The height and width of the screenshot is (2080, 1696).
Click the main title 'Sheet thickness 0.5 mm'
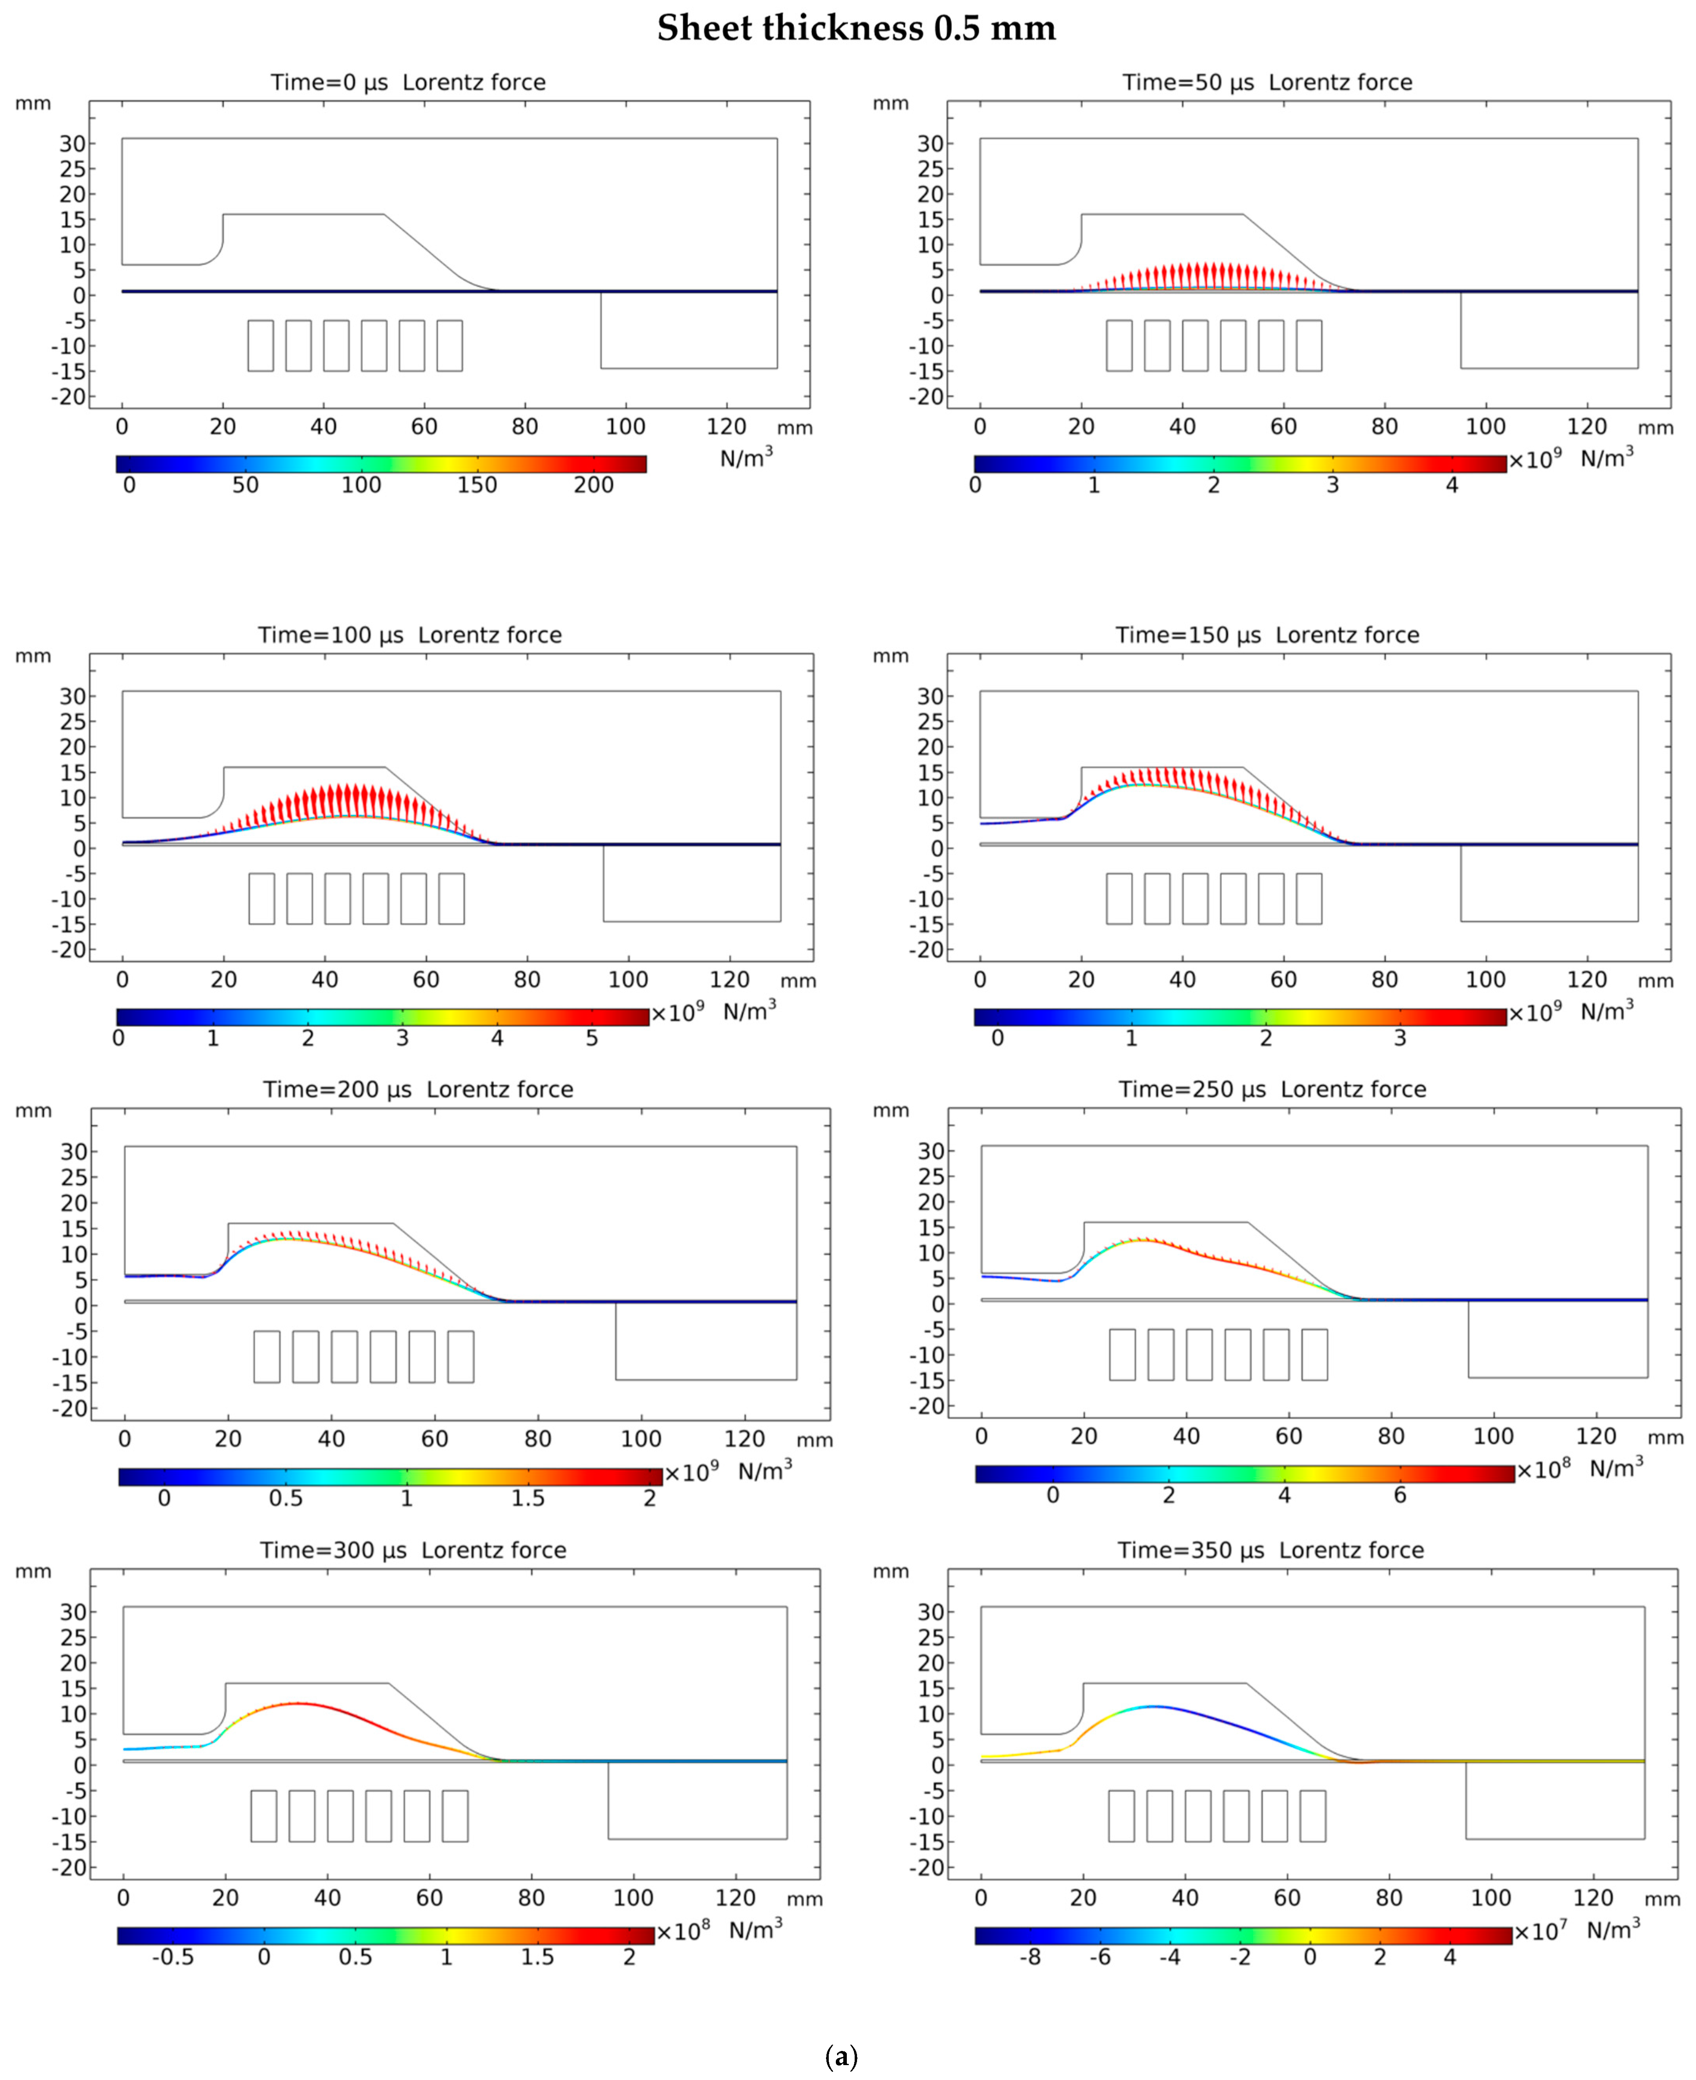point(856,28)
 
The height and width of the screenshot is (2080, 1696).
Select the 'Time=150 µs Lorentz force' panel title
point(1267,635)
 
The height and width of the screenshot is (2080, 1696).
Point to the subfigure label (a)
point(841,2056)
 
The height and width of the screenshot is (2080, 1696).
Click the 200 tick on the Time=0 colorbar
point(593,486)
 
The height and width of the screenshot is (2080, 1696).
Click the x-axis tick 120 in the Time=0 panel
point(726,427)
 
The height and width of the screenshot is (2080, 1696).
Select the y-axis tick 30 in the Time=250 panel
point(931,1151)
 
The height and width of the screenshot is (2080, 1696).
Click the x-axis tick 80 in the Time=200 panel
point(537,1439)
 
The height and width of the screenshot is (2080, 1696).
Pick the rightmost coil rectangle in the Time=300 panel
point(455,1816)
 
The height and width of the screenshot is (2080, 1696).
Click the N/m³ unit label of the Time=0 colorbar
point(746,457)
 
